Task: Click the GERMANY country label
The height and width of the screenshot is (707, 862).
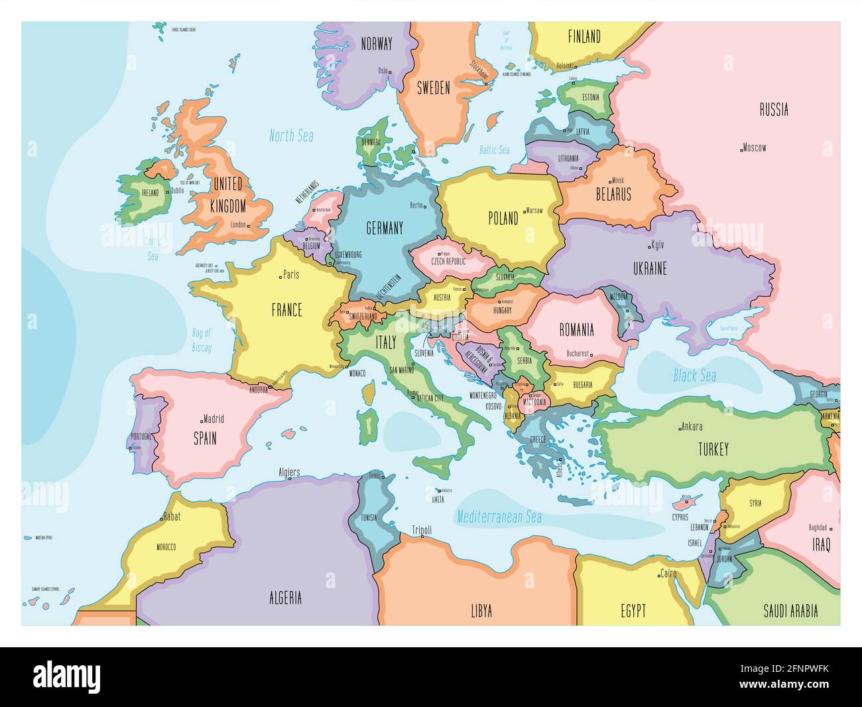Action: pyautogui.click(x=384, y=228)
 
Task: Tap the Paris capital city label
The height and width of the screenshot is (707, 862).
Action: pyautogui.click(x=290, y=274)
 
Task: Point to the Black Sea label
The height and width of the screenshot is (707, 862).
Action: pyautogui.click(x=694, y=376)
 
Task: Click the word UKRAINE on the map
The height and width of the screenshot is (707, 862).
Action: pyautogui.click(x=649, y=268)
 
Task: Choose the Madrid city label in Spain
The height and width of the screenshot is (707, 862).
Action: pyautogui.click(x=214, y=419)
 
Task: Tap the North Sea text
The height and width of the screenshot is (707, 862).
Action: pyautogui.click(x=291, y=136)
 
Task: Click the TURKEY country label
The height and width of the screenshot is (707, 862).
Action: pyautogui.click(x=713, y=449)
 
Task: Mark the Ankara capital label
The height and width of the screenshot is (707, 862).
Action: pyautogui.click(x=692, y=426)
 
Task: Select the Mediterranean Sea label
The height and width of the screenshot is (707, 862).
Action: pyautogui.click(x=499, y=516)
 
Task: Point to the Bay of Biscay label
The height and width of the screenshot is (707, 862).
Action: pyautogui.click(x=202, y=340)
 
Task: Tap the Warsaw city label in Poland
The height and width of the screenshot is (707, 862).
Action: pyautogui.click(x=534, y=210)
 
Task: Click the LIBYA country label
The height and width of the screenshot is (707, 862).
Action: pyautogui.click(x=481, y=611)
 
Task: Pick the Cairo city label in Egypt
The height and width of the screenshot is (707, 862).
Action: pyautogui.click(x=668, y=573)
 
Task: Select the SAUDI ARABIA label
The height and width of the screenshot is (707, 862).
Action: pyautogui.click(x=790, y=610)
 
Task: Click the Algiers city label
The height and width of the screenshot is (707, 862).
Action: pyautogui.click(x=289, y=473)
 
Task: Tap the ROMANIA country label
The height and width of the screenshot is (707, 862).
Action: pyautogui.click(x=576, y=329)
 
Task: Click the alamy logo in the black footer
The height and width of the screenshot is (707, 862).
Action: pyautogui.click(x=67, y=676)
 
